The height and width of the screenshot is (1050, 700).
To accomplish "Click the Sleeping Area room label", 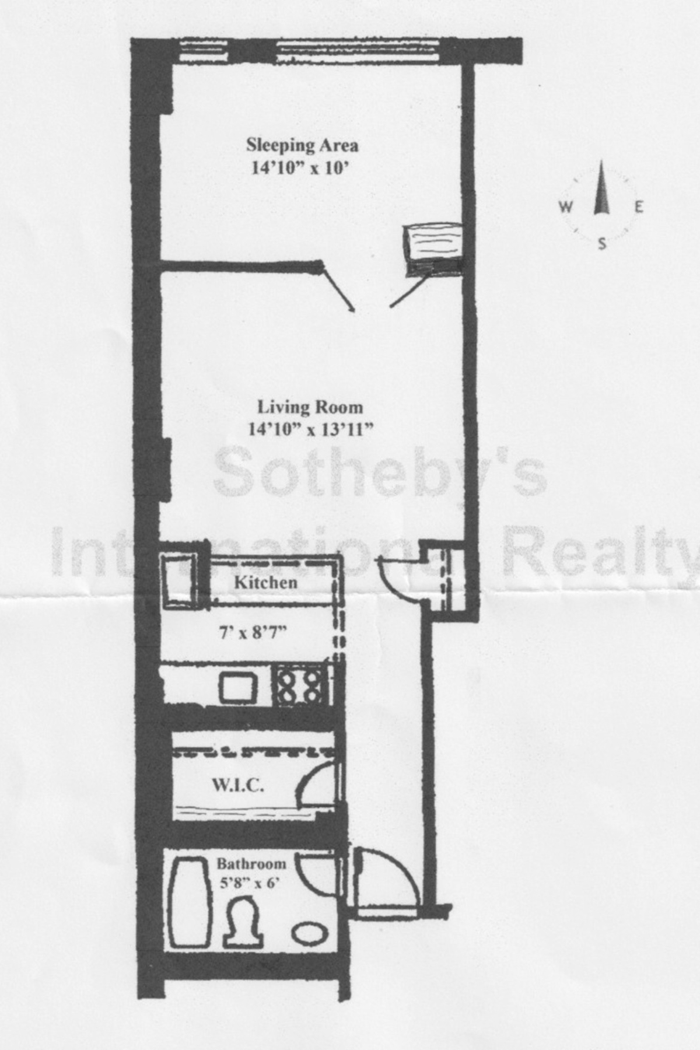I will (302, 145).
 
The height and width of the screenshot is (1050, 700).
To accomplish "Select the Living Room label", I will (310, 407).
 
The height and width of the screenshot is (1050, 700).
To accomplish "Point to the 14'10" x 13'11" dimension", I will (310, 430).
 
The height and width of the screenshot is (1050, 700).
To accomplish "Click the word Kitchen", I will (265, 582).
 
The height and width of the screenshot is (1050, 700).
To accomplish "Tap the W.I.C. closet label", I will (237, 786).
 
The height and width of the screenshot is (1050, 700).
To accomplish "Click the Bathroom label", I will (251, 863).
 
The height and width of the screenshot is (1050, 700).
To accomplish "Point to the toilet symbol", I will (243, 923).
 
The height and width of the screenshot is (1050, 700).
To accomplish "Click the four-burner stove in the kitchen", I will (300, 686).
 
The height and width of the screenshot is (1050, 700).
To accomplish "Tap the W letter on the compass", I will (565, 206).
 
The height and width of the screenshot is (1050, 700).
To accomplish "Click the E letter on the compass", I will (639, 206).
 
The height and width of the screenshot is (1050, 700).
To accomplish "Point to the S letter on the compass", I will (601, 244).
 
